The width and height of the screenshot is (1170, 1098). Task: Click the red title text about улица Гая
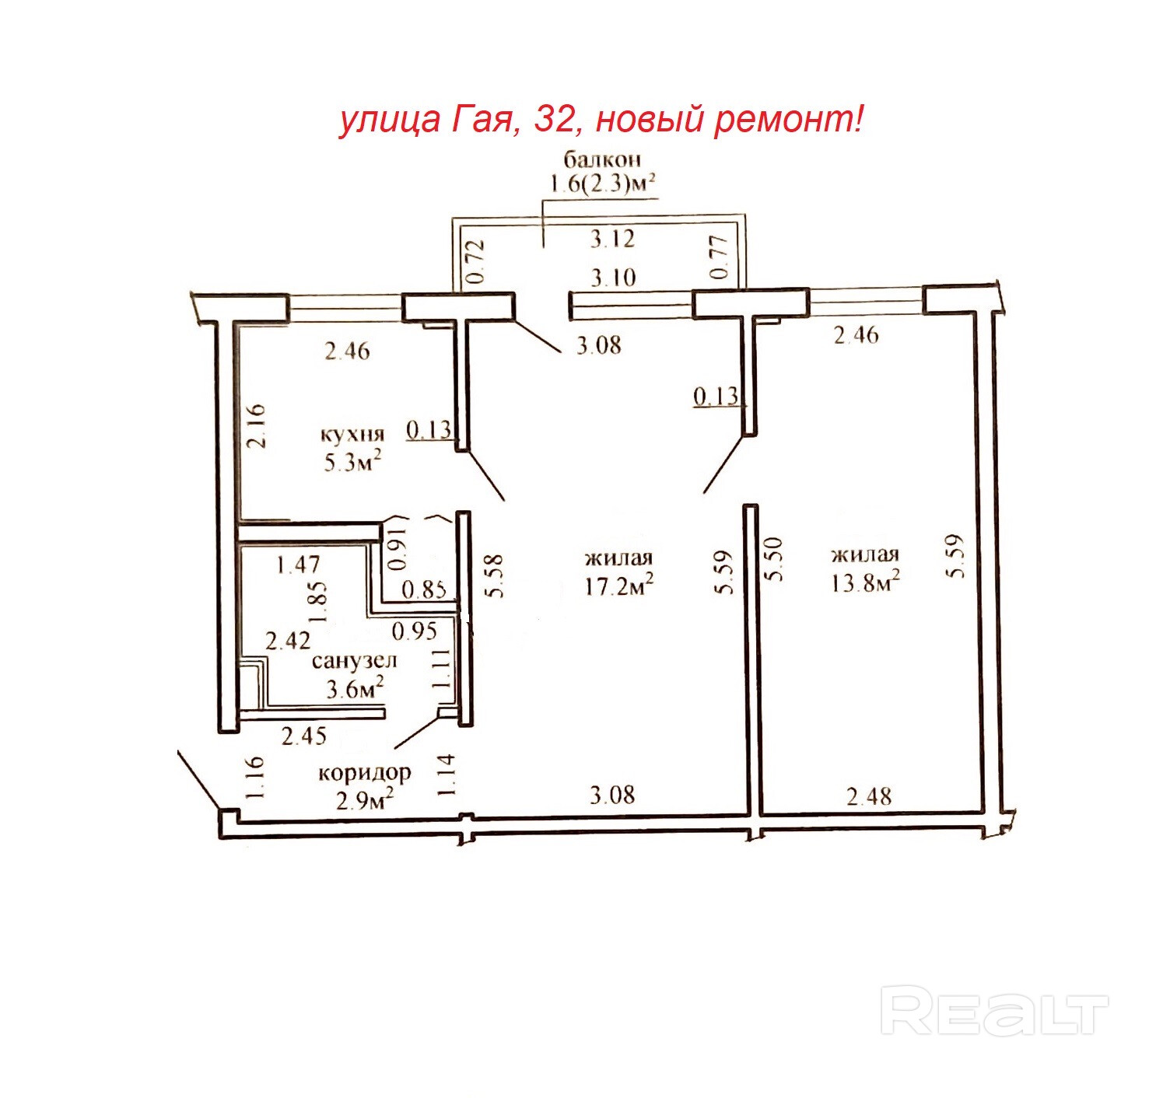click(x=601, y=121)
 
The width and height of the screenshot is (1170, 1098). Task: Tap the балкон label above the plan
click(x=602, y=159)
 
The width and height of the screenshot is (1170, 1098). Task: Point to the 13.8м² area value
click(x=865, y=582)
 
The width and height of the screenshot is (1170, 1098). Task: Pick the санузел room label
click(x=354, y=660)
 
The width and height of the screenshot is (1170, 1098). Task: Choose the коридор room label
click(x=364, y=772)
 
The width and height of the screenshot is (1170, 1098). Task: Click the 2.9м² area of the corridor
click(x=366, y=802)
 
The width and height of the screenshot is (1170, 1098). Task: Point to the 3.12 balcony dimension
click(x=613, y=240)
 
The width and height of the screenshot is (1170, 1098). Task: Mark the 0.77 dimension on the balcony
click(x=720, y=257)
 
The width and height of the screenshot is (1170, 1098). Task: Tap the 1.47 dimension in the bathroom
click(x=298, y=565)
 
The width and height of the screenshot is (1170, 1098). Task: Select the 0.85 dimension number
click(x=424, y=589)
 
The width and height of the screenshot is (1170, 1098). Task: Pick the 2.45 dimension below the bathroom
click(x=304, y=736)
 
